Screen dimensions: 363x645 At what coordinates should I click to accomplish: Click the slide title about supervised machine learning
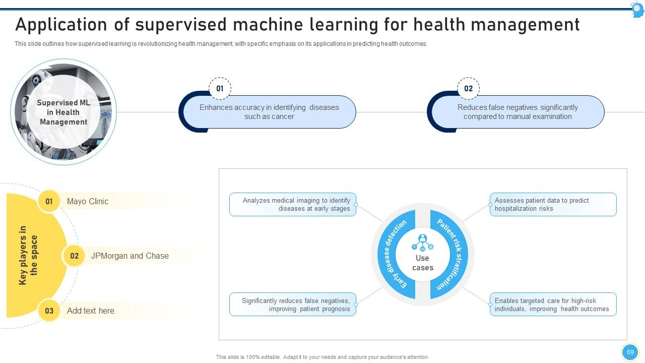tap(297, 25)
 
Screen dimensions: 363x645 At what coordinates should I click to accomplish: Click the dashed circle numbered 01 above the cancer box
tap(220, 89)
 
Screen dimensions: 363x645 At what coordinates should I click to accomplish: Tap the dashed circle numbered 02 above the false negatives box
tap(468, 89)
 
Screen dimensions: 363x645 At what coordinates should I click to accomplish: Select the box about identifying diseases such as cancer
tap(269, 112)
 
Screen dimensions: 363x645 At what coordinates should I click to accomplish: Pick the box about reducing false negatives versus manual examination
tap(518, 112)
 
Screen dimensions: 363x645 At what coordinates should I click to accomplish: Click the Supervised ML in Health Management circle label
tap(63, 112)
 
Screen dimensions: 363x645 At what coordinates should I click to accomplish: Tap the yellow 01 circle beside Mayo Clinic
tap(49, 201)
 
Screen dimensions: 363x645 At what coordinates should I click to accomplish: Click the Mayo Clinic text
tap(88, 201)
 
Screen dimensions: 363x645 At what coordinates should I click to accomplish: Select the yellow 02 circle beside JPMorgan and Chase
tap(74, 256)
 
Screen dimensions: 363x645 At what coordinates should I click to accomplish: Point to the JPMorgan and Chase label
tap(130, 256)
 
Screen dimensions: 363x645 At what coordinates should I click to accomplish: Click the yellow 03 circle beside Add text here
tap(49, 311)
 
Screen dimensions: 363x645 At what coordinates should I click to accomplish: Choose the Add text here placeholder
tap(91, 311)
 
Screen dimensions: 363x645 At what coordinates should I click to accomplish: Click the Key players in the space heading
tap(28, 255)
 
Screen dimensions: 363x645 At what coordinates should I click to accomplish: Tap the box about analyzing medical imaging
tap(293, 204)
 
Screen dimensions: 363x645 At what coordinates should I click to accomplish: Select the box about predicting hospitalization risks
tap(553, 204)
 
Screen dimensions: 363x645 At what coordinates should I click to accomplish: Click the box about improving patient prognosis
tap(293, 305)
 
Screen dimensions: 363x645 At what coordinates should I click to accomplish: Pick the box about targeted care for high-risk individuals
tap(553, 305)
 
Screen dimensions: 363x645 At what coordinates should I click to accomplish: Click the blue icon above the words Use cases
tap(422, 243)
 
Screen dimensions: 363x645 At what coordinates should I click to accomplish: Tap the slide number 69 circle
tap(630, 352)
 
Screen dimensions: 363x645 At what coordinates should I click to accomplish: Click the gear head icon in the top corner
tap(637, 9)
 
